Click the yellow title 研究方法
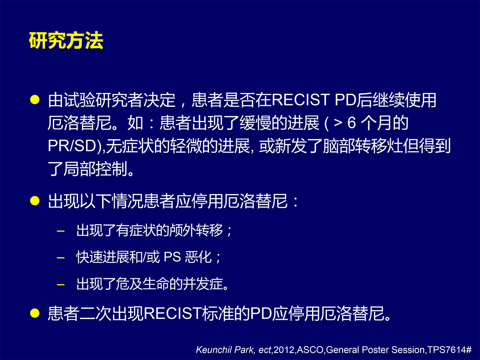pyautogui.click(x=66, y=40)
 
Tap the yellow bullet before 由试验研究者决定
pyautogui.click(x=35, y=100)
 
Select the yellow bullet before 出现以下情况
pyautogui.click(x=35, y=201)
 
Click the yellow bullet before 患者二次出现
pyautogui.click(x=35, y=313)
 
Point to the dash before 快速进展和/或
pyautogui.click(x=61, y=257)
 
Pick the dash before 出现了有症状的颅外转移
pyautogui.click(x=61, y=230)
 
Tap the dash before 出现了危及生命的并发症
pyautogui.click(x=61, y=285)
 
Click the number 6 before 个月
pyautogui.click(x=352, y=123)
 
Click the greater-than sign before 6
pyautogui.click(x=338, y=123)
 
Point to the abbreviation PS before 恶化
pyautogui.click(x=172, y=257)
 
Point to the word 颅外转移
pyautogui.click(x=196, y=230)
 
